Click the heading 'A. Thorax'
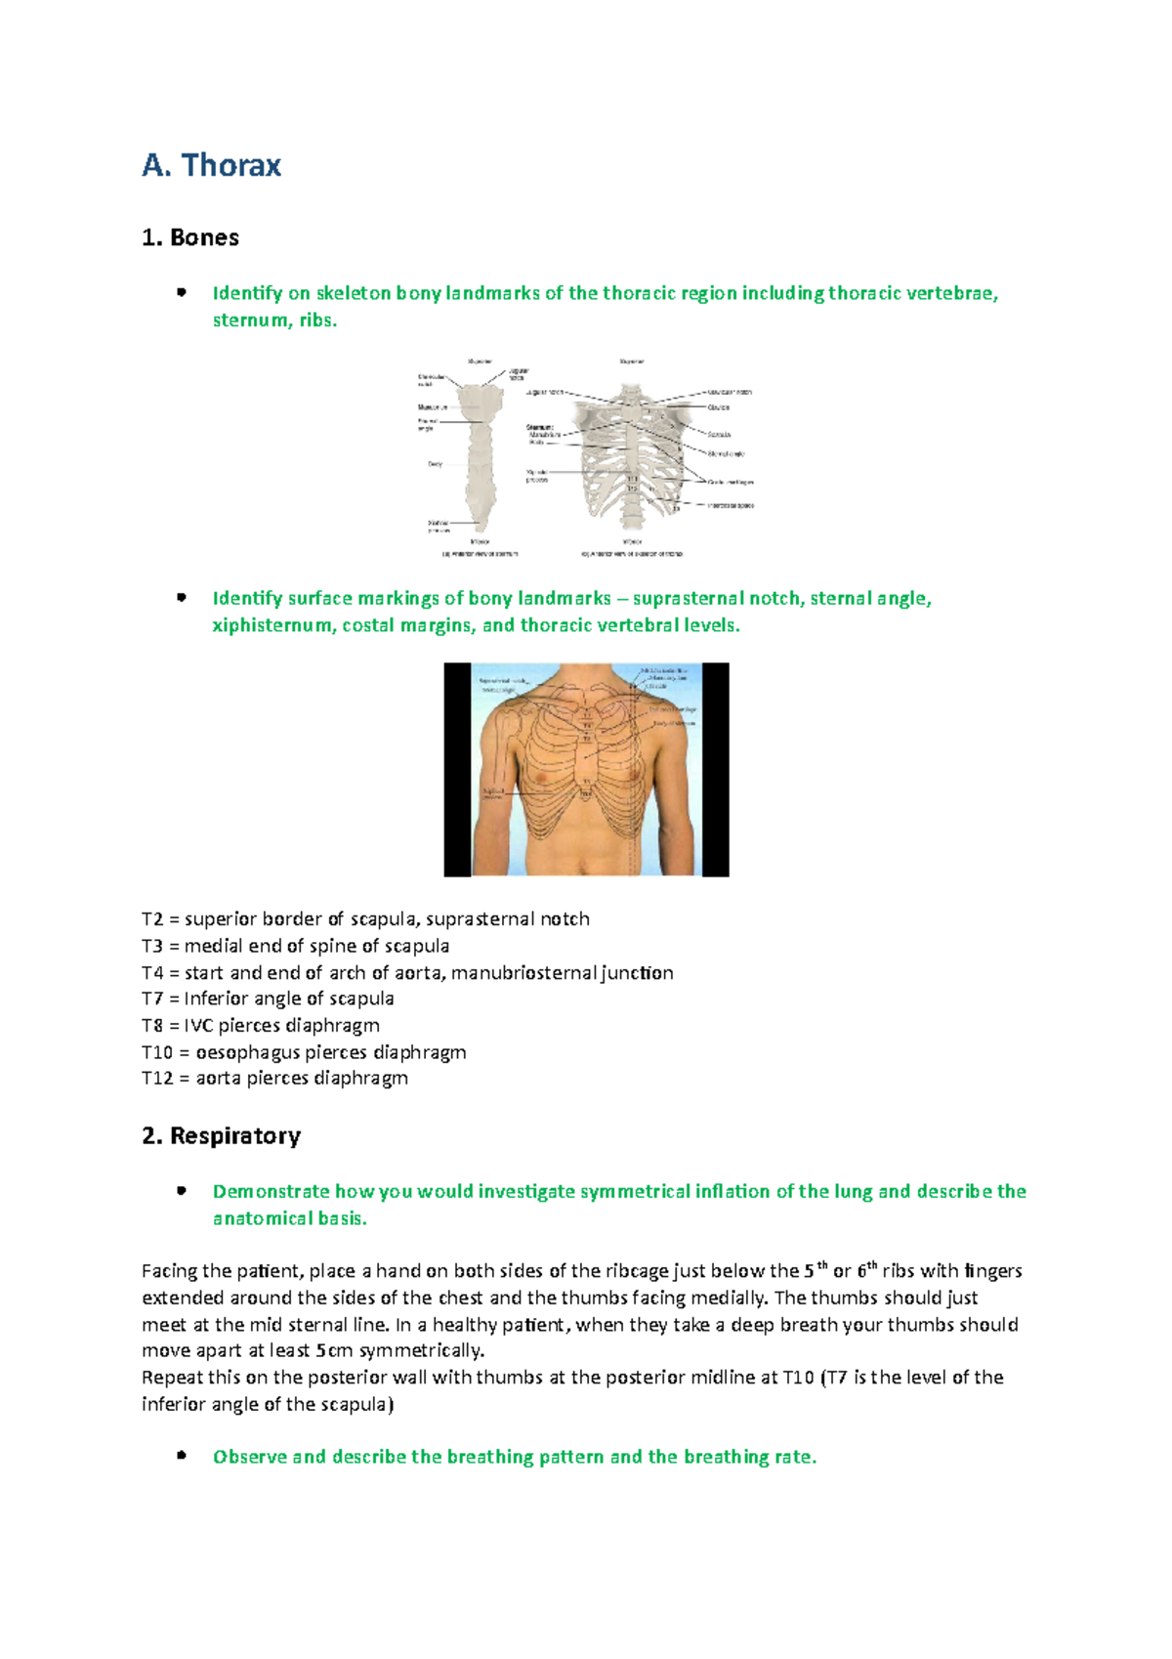pos(212,165)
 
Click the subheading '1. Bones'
pos(190,237)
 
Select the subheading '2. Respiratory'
pos(222,1135)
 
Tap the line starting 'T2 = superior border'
pos(365,918)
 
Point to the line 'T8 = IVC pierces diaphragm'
pos(261,1025)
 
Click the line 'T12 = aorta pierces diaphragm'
pos(274,1078)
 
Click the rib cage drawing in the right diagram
pos(630,454)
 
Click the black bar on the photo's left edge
pos(458,770)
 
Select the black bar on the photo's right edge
pos(715,770)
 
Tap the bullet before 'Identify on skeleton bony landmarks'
pos(181,292)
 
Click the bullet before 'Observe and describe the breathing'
pos(181,1456)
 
